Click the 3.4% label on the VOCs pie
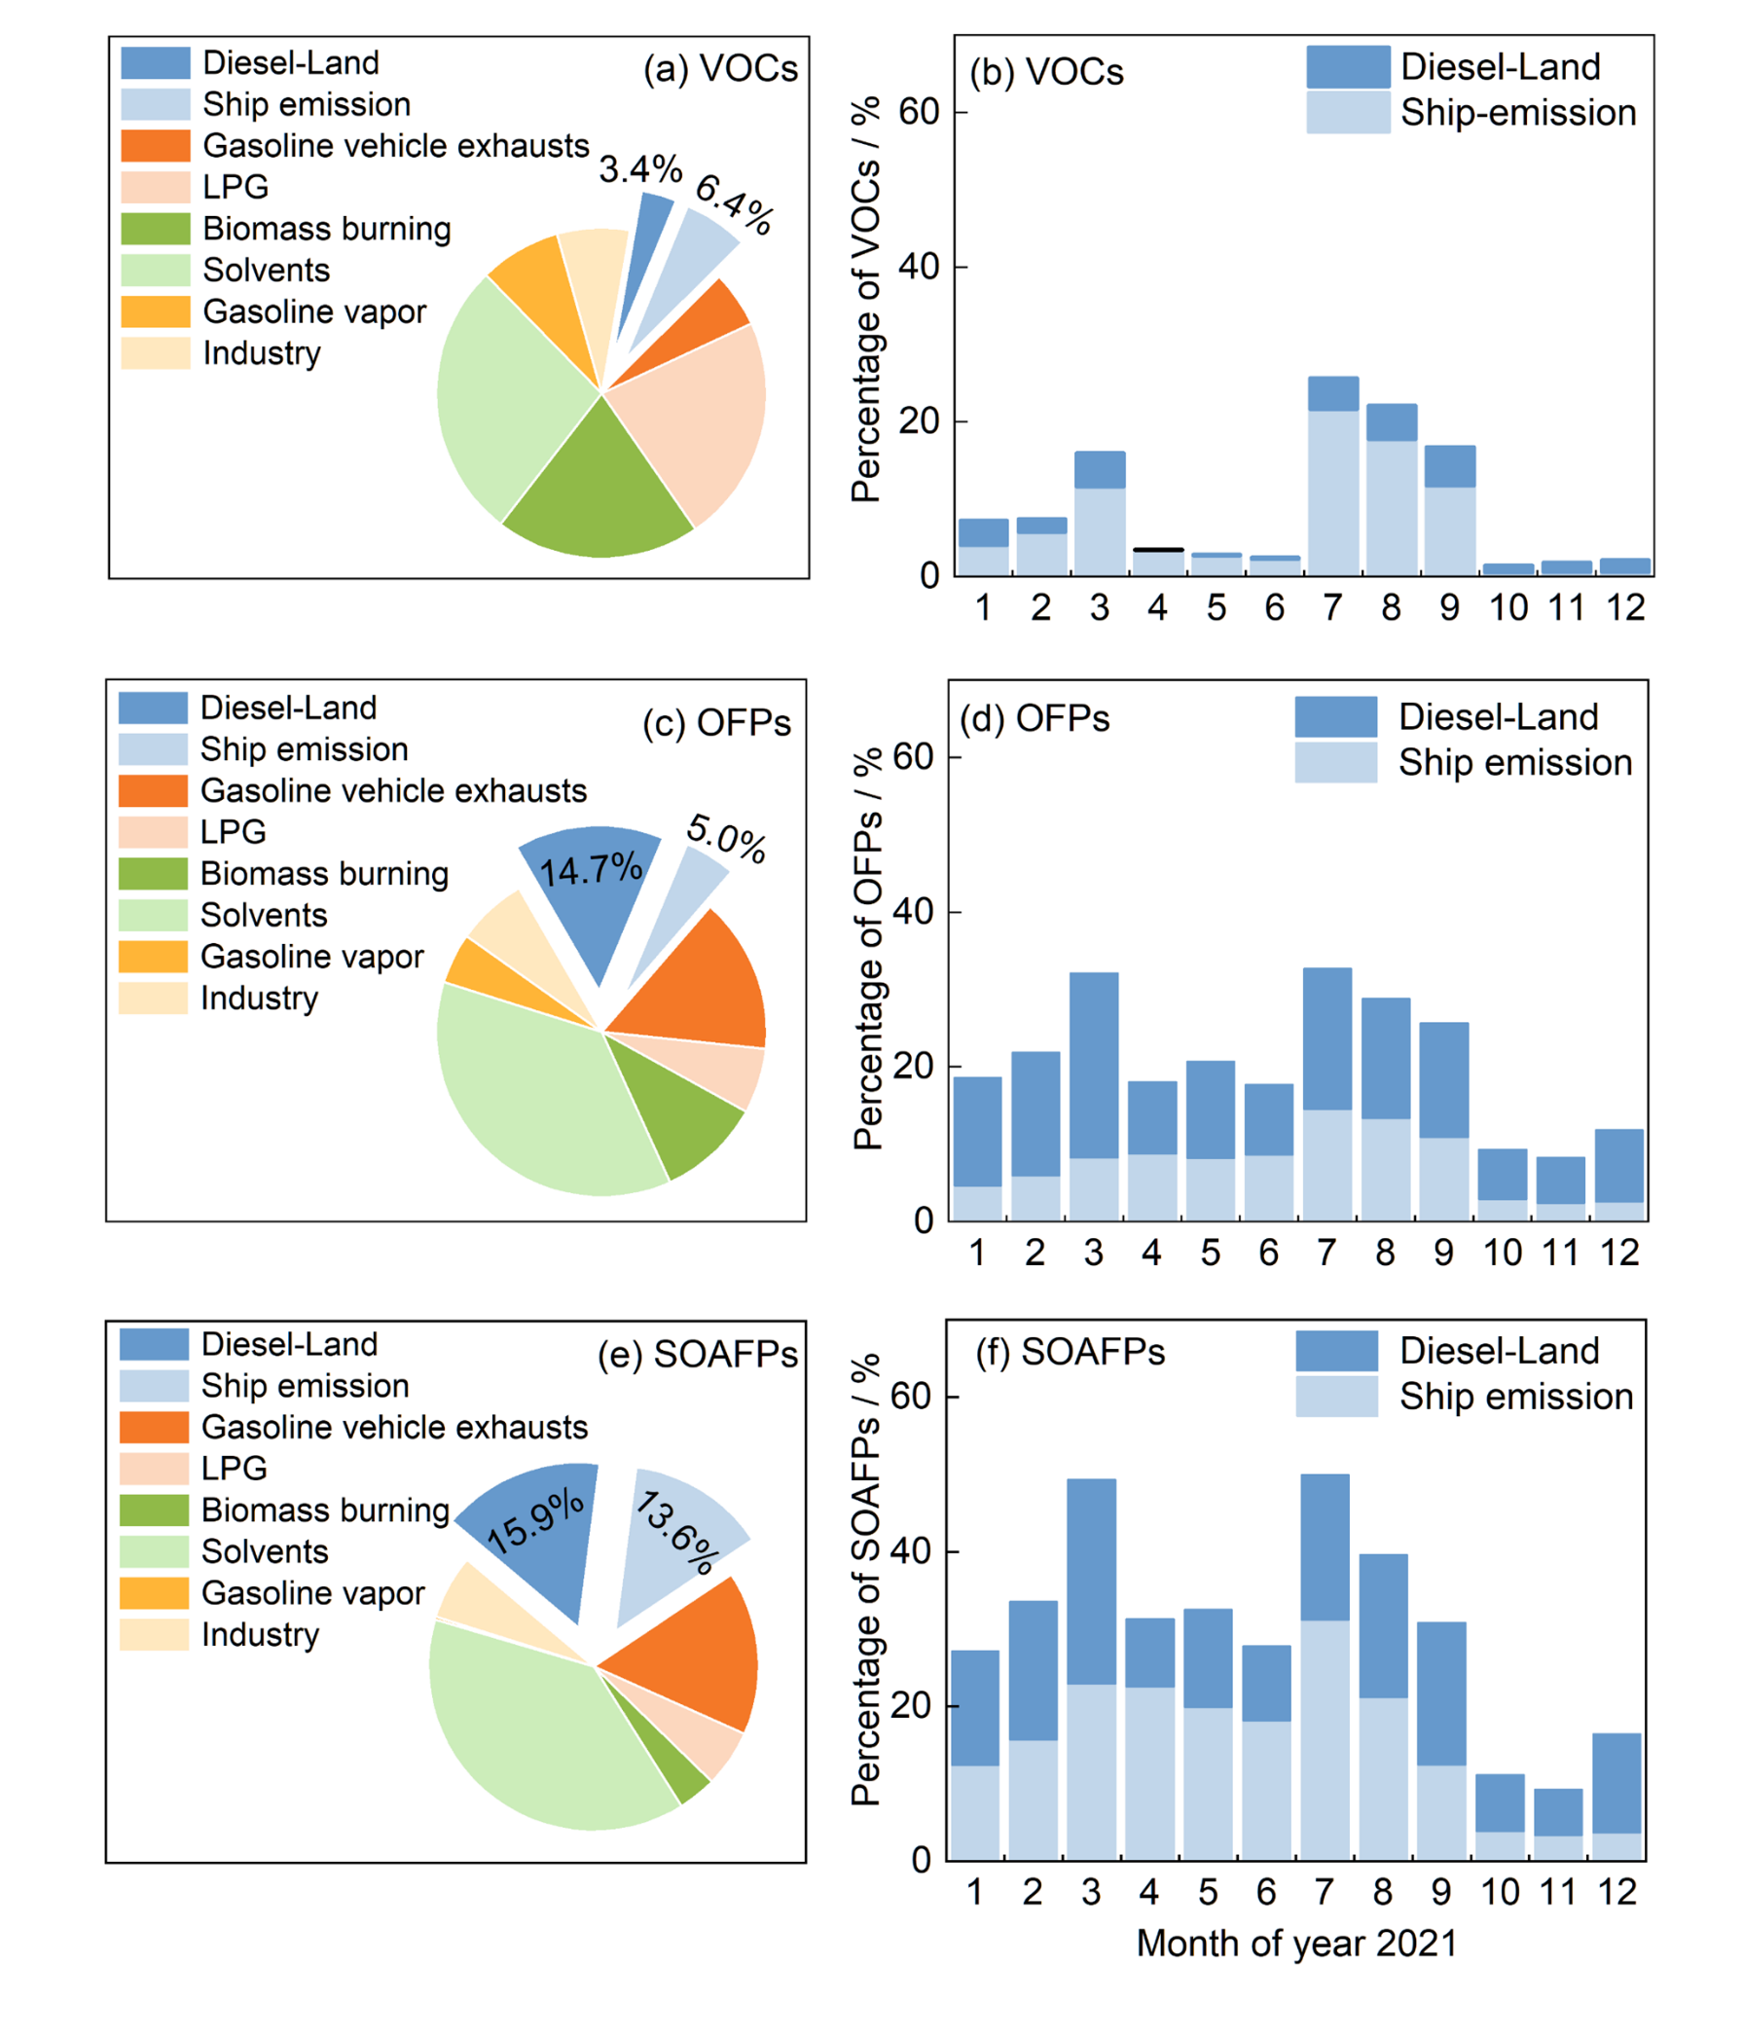pos(640,169)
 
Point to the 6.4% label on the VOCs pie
pos(734,204)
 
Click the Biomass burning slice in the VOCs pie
pos(599,491)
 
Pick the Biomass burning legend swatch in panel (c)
pos(153,873)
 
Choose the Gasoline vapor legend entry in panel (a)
pos(313,311)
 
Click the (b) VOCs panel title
pos(1045,73)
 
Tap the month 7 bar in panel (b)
pos(1333,477)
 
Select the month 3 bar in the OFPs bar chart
pos(1093,1097)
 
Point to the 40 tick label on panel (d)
pos(912,912)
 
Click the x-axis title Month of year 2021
pos(1295,1943)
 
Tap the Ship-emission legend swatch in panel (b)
pos(1348,112)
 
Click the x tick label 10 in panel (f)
pos(1500,1890)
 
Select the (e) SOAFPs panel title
pos(698,1355)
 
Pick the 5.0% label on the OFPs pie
pos(726,838)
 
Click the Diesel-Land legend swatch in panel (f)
pos(1336,1351)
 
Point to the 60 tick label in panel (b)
pos(919,112)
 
